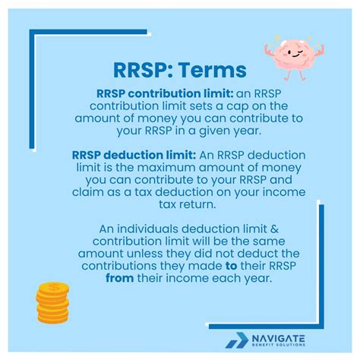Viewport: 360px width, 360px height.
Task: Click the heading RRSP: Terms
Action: (x=179, y=71)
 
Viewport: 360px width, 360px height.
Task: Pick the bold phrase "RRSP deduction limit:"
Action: (x=134, y=155)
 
